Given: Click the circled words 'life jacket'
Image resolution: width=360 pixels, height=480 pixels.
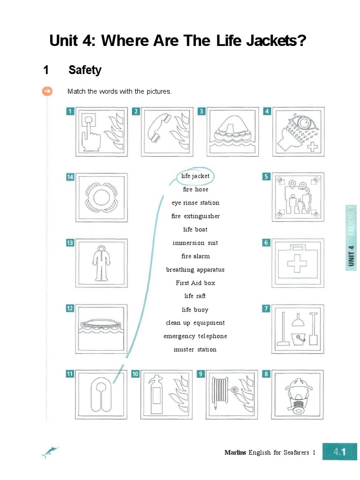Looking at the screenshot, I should (x=195, y=176).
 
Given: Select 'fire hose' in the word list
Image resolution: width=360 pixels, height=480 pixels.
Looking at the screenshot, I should (x=195, y=190).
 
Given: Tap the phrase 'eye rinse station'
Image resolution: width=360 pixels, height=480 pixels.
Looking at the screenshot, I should (x=195, y=203).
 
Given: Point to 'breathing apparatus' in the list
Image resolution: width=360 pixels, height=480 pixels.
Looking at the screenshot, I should (x=195, y=270).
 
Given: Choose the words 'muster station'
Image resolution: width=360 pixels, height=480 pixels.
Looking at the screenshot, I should (x=195, y=350).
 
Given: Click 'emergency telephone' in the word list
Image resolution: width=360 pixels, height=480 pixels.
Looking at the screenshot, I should (x=195, y=336).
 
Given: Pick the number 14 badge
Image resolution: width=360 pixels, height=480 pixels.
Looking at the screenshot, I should (x=70, y=177).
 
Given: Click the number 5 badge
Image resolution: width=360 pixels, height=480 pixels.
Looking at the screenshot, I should (x=266, y=177).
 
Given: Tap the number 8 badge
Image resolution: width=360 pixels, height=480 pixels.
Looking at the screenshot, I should (x=266, y=374).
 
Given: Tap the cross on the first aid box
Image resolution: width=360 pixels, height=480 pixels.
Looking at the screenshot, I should (x=297, y=263).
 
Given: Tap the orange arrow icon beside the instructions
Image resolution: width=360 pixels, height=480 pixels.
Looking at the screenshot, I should (x=47, y=91).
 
